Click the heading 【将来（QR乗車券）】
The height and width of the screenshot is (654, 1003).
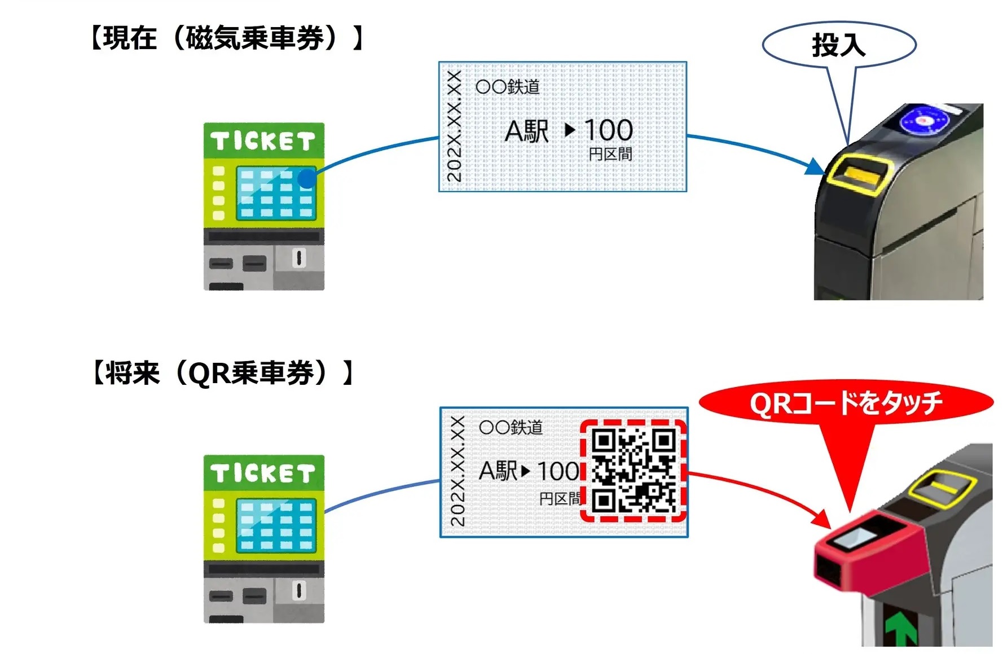(x=223, y=373)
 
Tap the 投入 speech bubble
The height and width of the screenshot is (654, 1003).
(x=839, y=45)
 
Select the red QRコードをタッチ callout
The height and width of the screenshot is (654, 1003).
(x=846, y=403)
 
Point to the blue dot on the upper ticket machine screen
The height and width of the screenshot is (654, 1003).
(x=307, y=178)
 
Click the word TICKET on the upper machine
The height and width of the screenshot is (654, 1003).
(x=263, y=141)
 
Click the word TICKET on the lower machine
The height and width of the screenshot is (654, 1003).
(x=263, y=473)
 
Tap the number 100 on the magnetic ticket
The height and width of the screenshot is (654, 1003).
(x=608, y=130)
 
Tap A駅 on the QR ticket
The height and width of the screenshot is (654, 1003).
(x=498, y=471)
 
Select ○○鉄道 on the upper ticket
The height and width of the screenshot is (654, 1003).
(x=508, y=87)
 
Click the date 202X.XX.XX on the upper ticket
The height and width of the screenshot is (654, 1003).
(x=455, y=126)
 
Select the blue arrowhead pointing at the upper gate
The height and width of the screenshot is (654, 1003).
(x=815, y=167)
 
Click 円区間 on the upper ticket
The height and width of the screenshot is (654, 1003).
(x=610, y=154)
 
